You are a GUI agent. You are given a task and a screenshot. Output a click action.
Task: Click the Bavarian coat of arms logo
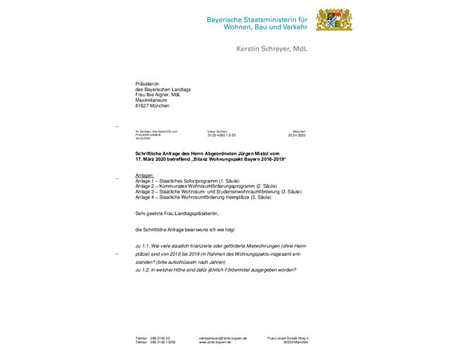pyautogui.click(x=334, y=22)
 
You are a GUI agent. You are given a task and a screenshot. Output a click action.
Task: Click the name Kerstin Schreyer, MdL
pyautogui.click(x=271, y=49)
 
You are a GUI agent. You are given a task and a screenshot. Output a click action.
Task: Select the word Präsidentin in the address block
pyautogui.click(x=148, y=82)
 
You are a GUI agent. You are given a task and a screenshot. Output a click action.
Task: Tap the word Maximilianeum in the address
pyautogui.click(x=153, y=100)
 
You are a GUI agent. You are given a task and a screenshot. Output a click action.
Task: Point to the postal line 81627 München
pyautogui.click(x=153, y=106)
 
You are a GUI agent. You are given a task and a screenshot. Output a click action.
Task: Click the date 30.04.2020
pyautogui.click(x=298, y=135)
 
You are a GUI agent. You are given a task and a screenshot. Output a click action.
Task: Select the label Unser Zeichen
pyautogui.click(x=218, y=131)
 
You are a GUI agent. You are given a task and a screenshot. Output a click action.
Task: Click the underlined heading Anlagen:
pyautogui.click(x=145, y=174)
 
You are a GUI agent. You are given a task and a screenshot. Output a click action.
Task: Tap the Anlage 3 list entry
pyautogui.click(x=218, y=192)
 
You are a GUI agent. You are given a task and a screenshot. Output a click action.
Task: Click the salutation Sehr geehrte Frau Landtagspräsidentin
pyautogui.click(x=177, y=214)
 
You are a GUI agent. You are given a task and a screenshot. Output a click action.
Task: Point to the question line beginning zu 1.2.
pyautogui.click(x=216, y=270)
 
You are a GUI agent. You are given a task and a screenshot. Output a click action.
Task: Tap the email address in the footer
pyautogui.click(x=222, y=338)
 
